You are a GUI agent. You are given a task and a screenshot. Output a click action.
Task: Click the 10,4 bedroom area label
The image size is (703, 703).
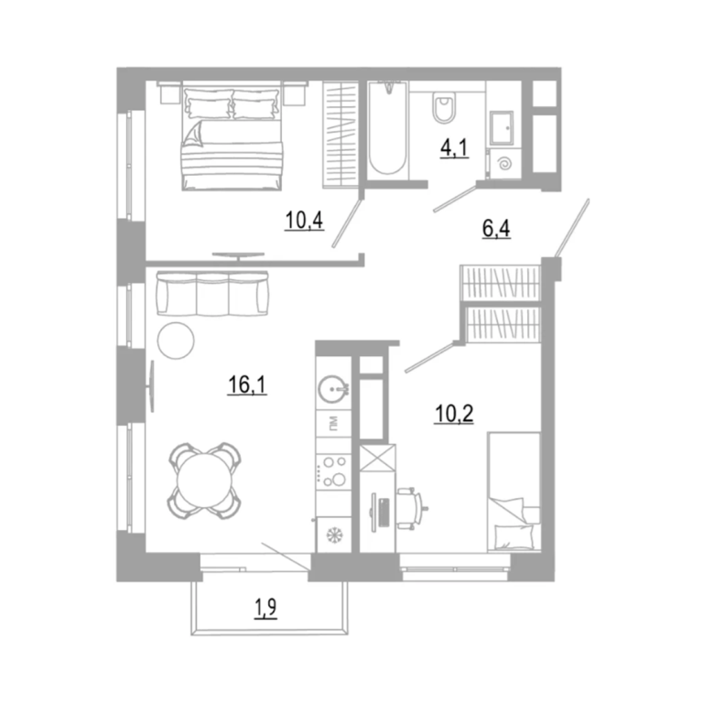click(x=304, y=220)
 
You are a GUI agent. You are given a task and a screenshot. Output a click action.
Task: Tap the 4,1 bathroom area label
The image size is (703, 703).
click(x=454, y=148)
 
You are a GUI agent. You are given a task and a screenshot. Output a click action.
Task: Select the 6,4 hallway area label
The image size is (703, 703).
click(x=496, y=229)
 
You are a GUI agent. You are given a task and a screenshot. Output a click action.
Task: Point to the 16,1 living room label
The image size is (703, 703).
click(x=247, y=384)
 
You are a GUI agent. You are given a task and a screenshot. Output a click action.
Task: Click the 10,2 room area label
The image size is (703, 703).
click(x=454, y=414)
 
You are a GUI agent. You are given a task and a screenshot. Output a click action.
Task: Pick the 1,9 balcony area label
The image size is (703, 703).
click(x=265, y=609)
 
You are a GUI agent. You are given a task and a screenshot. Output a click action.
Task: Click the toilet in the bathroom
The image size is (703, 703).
click(x=444, y=108)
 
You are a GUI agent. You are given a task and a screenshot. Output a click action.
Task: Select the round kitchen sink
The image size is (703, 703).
click(x=332, y=388)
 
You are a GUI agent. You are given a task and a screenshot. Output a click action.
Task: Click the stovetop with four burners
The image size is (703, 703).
click(x=333, y=472)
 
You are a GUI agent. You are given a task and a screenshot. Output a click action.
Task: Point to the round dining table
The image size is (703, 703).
click(x=204, y=481)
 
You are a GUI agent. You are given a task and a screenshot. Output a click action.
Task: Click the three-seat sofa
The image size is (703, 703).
click(x=212, y=294)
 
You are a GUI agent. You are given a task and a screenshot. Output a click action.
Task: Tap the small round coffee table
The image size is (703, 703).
click(x=176, y=341)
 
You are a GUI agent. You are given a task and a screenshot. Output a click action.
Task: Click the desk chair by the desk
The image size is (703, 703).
click(x=411, y=507)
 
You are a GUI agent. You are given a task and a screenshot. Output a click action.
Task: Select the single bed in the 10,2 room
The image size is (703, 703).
click(x=514, y=492)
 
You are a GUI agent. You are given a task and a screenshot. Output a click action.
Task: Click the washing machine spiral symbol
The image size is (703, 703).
click(x=505, y=164)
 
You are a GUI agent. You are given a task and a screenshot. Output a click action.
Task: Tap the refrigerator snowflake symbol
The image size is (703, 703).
click(x=333, y=535)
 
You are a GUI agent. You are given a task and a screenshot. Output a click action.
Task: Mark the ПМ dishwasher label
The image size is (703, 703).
click(x=333, y=424)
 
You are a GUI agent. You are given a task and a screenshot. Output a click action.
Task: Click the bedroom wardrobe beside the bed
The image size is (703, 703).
click(x=341, y=135)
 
